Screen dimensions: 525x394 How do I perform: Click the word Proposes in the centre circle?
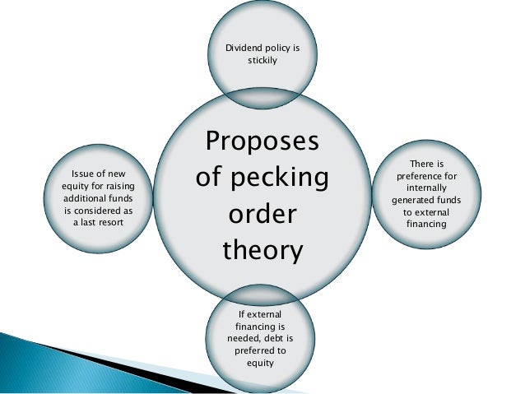click(x=262, y=141)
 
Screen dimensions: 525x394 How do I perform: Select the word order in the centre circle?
click(x=262, y=213)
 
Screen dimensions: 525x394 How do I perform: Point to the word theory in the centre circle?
click(x=262, y=248)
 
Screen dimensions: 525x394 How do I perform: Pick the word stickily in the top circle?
click(x=262, y=61)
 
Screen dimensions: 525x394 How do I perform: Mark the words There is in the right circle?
click(x=427, y=164)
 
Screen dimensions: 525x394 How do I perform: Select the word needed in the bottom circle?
click(x=243, y=337)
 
